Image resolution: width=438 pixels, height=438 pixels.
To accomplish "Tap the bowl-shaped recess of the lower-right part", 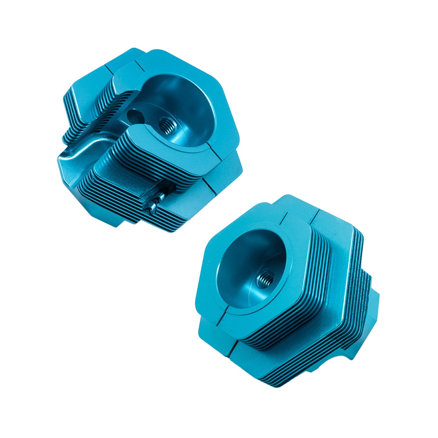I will coord(249,267).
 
